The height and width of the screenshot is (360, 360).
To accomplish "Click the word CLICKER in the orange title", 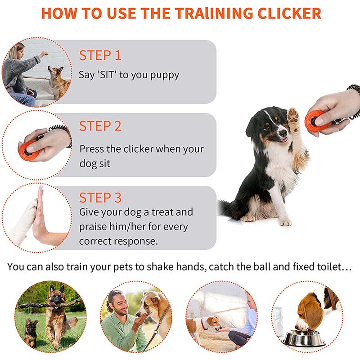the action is pyautogui.click(x=289, y=13).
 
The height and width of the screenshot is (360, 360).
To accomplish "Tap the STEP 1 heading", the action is pyautogui.click(x=100, y=55).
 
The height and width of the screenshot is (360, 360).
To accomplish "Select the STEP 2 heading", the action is pyautogui.click(x=100, y=126).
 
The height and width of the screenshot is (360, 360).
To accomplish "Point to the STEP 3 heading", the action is pyautogui.click(x=100, y=198).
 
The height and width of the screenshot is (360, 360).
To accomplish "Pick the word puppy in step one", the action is pyautogui.click(x=164, y=76).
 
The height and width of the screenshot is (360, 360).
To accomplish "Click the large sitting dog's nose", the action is pyautogui.click(x=283, y=133).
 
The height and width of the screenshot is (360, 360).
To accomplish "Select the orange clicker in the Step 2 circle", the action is pyautogui.click(x=27, y=150).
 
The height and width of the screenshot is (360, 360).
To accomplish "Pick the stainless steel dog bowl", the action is pyautogui.click(x=303, y=338).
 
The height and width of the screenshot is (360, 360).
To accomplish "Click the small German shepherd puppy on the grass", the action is pyautogui.click(x=31, y=331).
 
